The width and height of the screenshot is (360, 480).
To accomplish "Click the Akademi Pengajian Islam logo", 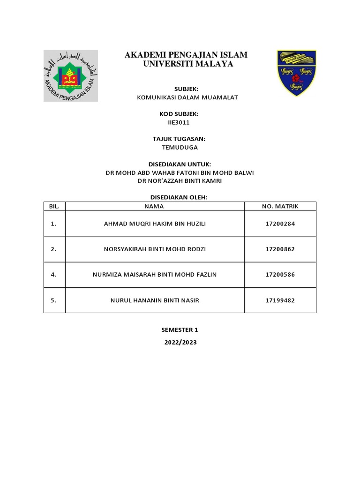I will pos(71,75).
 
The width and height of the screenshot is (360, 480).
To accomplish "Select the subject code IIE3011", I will pos(180,122).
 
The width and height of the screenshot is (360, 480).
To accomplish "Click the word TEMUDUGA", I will pos(180,147).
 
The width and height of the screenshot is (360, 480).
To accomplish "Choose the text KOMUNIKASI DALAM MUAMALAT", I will pos(180,97).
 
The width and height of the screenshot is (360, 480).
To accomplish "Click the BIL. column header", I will pos(54,206).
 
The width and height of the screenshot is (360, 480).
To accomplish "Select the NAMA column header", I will pos(154,206).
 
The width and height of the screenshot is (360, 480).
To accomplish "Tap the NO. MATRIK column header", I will pos(280,206).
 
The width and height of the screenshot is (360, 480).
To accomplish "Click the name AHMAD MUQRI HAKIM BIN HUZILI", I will pos(155,224).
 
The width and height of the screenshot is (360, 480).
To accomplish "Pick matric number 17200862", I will pos(280,249).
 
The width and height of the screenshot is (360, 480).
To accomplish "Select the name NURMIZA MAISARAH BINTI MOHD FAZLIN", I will pos(155,274).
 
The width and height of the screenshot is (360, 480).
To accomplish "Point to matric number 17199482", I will pos(280,300).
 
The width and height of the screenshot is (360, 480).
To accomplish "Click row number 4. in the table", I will pos(54,274).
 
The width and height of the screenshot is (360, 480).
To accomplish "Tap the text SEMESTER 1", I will pos(180,330).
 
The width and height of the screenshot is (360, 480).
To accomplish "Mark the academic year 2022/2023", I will pos(180,343).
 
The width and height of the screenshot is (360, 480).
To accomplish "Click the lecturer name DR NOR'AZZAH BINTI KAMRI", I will pos(180,181).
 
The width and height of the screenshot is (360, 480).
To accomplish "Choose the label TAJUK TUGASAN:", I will pos(180,139).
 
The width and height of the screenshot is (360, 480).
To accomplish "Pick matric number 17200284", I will pos(280,224).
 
